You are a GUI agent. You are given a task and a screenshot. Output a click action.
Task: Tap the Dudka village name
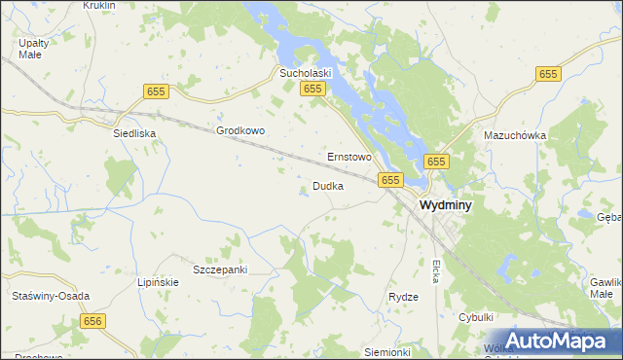(x=327, y=186)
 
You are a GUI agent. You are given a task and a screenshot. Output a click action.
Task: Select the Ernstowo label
(x=349, y=156)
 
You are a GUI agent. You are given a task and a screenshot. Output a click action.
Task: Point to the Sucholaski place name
(x=307, y=72)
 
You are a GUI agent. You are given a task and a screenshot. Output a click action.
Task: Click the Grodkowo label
(x=240, y=130)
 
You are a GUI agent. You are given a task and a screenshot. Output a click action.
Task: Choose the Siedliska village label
(x=134, y=132)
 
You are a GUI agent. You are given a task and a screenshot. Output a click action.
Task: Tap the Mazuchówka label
(x=515, y=135)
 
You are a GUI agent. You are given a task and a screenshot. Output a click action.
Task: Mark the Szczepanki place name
(x=220, y=269)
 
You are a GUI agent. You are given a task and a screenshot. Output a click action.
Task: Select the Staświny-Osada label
(x=49, y=296)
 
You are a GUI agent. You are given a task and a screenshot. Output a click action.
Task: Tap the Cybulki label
(x=478, y=317)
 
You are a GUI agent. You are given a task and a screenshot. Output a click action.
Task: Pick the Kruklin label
(x=99, y=5)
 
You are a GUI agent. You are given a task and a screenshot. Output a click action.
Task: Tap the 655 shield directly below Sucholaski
(x=311, y=90)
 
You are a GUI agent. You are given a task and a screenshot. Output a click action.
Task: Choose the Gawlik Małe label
(x=605, y=287)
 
